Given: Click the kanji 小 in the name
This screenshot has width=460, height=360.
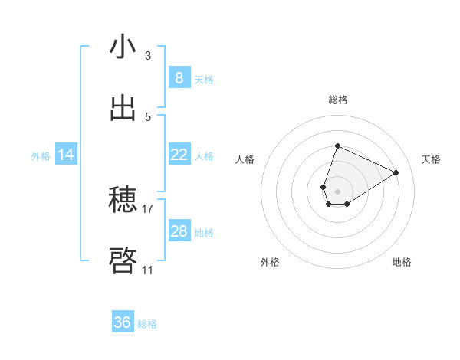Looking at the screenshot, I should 123,47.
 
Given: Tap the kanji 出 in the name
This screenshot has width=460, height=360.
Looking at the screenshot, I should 123,109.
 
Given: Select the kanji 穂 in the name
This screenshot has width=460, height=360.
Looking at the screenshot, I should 123,201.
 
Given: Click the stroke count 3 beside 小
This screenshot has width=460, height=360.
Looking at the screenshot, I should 148,55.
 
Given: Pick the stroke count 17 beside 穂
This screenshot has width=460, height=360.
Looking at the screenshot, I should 148,208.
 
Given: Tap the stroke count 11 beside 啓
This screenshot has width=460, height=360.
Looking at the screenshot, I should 147,270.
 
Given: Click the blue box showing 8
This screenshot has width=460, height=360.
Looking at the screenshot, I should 179,78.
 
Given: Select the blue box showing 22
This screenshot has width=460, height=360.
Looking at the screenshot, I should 179,155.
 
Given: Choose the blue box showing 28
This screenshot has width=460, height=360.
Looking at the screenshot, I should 179,231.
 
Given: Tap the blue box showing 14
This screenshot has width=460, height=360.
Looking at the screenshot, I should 66,155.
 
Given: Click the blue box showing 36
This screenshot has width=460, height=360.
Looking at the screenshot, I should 122,322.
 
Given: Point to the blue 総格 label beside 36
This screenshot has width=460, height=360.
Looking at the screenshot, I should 147,324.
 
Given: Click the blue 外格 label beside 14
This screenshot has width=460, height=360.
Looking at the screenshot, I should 41,156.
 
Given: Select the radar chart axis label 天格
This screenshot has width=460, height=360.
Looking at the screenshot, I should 431,159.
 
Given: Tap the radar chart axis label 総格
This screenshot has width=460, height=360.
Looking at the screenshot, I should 338,100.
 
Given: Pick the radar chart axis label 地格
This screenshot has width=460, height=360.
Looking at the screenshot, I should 402,262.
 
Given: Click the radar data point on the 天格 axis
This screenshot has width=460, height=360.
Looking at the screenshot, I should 396,172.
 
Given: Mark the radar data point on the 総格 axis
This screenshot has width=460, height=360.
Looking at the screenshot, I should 337,146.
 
